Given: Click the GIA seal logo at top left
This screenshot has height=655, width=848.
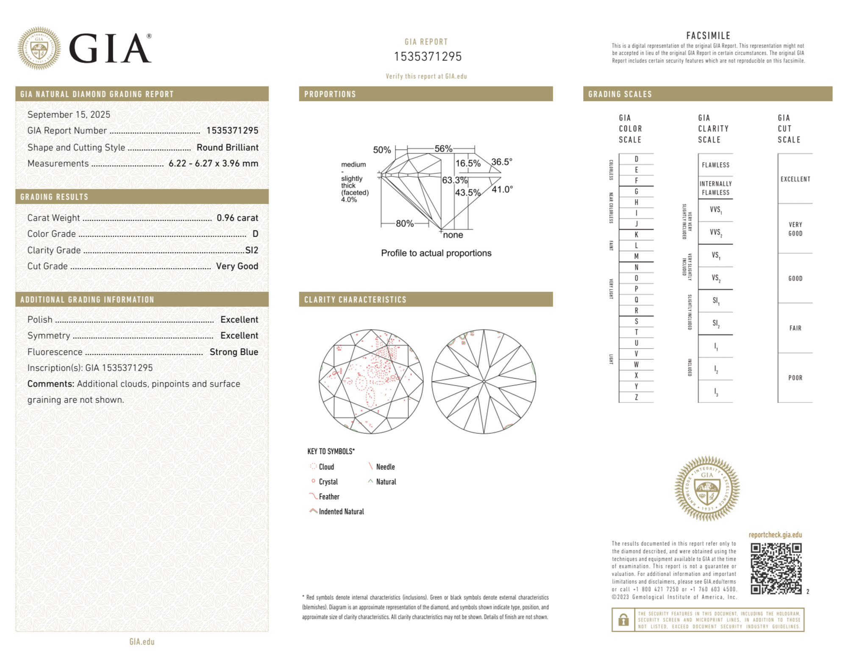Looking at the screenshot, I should coord(39,48).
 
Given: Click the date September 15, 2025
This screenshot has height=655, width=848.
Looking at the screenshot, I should coord(69,114).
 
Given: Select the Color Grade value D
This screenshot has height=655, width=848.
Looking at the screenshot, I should coord(255,234).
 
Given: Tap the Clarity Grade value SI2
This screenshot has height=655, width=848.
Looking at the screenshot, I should coord(252,250).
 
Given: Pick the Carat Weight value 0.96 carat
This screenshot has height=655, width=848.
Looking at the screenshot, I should coord(237,218).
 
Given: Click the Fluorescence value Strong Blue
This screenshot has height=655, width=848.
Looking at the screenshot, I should coord(234,352).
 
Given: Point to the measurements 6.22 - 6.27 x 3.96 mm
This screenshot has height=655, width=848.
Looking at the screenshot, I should coord(213,163).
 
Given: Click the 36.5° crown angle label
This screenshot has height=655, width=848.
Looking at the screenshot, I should coord(502,162).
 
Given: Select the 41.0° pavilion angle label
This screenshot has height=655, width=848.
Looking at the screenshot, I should coord(502,189).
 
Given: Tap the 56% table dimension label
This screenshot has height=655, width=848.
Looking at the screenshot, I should coord(443,149).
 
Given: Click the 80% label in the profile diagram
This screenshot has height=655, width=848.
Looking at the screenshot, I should coord(404,223).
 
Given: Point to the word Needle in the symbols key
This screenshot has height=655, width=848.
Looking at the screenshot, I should coord(385,467).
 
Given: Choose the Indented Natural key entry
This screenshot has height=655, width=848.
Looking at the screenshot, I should coord(341,511).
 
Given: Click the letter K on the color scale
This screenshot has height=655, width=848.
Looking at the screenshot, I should coord(636,235).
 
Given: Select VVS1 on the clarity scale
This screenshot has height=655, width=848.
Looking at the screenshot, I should coord(716,210).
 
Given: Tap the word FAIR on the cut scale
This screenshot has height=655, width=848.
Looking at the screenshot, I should coord(795,328).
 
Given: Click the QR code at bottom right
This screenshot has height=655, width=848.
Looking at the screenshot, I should coord(776,569).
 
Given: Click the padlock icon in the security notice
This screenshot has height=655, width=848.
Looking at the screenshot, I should coord(623,620).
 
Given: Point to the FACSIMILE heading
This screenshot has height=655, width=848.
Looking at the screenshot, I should coord(708,36).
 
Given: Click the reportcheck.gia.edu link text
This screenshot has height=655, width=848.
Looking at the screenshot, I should coord(775,535).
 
